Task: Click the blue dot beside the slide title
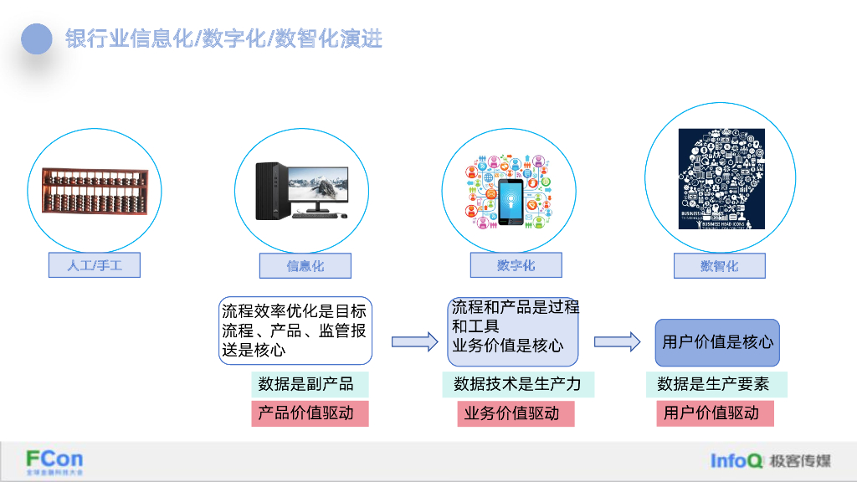(x=37, y=38)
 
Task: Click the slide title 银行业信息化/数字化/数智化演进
(x=224, y=38)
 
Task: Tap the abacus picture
(x=93, y=192)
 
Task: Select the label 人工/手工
(x=94, y=266)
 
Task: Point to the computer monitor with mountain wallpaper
(x=317, y=187)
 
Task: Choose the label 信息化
(x=305, y=266)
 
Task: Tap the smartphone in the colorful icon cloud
(x=511, y=202)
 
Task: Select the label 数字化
(x=516, y=265)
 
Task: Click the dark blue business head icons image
(x=721, y=178)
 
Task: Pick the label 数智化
(x=720, y=266)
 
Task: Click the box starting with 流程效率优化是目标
(x=295, y=331)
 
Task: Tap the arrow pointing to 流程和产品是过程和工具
(x=414, y=341)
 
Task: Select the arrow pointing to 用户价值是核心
(x=618, y=341)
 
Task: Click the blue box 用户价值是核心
(x=717, y=342)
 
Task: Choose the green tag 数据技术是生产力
(x=518, y=384)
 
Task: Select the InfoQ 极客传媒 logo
(x=770, y=461)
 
